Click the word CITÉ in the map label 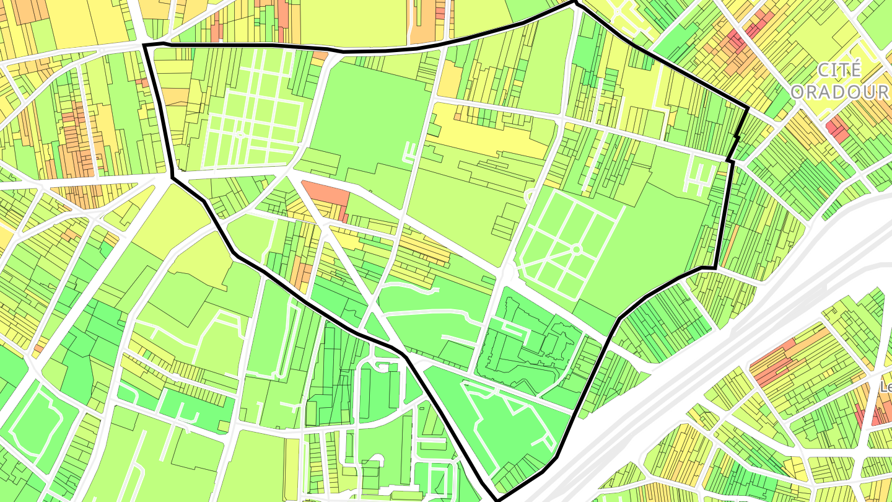click(x=839, y=70)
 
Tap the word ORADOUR click(x=840, y=92)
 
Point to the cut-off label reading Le click(x=886, y=387)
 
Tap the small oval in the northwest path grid click(x=240, y=134)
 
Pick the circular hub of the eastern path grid click(x=575, y=250)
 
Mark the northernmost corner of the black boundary click(x=575, y=3)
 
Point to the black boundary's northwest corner click(x=144, y=45)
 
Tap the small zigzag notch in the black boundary click(x=737, y=135)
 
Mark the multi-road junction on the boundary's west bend click(x=172, y=178)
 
